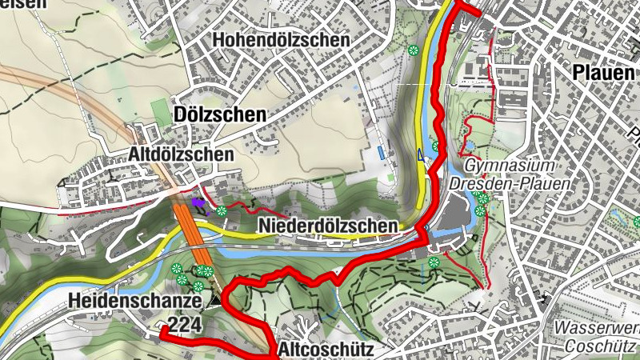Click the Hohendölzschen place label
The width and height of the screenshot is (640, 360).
pyautogui.click(x=280, y=39)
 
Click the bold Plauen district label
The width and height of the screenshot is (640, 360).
pyautogui.click(x=605, y=73)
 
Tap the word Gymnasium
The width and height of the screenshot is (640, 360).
pyautogui.click(x=510, y=166)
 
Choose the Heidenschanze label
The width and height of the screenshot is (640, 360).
pyautogui.click(x=134, y=301)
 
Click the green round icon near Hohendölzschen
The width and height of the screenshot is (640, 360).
pyautogui.click(x=413, y=50)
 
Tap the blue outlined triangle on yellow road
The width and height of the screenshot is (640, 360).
pyautogui.click(x=420, y=155)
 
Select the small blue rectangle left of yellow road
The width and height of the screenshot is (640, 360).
pyautogui.click(x=380, y=151)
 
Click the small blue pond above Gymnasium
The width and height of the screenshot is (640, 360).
pyautogui.click(x=468, y=145)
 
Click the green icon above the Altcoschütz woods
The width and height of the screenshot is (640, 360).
pyautogui.click(x=434, y=262)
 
